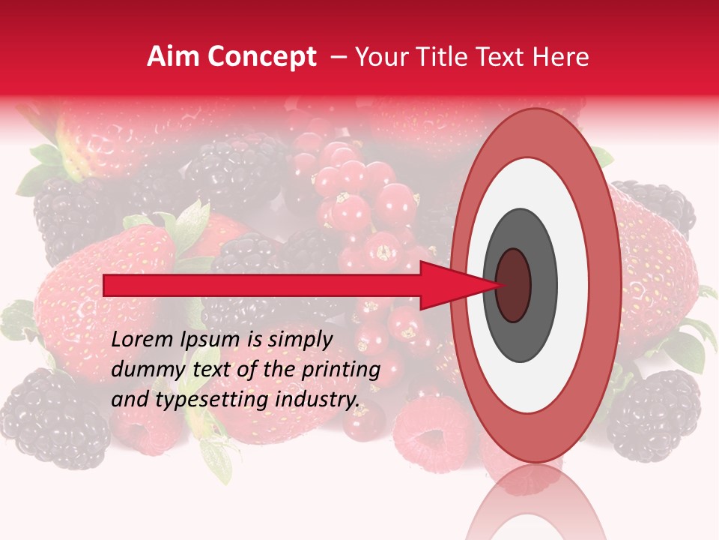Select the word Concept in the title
[x=261, y=58]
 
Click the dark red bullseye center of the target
[x=514, y=286]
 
